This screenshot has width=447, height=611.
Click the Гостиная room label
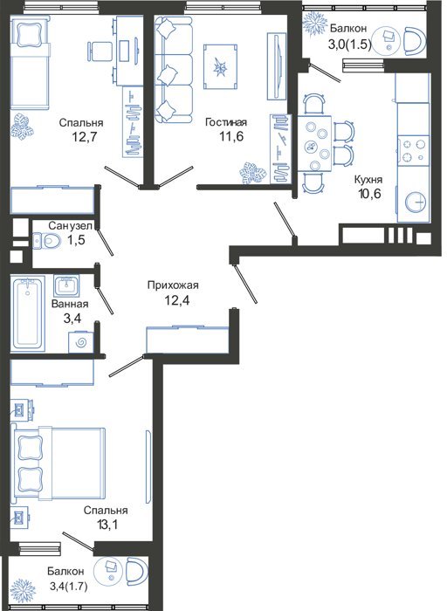tap(226, 122)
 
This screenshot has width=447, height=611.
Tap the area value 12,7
tap(84, 137)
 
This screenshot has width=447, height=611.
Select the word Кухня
tap(368, 180)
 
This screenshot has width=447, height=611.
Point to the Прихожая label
tap(173, 285)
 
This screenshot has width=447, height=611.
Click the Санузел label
tap(71, 225)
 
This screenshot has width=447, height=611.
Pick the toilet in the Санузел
tap(46, 240)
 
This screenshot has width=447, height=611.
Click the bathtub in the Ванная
tap(28, 312)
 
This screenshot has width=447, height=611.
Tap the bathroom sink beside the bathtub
tap(66, 285)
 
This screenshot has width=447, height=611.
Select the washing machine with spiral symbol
tap(81, 342)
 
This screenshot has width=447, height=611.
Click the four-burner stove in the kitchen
tap(413, 151)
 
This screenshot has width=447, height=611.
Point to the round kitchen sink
tap(416, 203)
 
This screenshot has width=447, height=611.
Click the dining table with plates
tap(315, 143)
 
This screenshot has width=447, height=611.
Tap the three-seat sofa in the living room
tap(173, 69)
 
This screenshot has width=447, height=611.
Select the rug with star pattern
tap(221, 66)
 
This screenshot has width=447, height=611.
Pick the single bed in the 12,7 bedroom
tap(30, 62)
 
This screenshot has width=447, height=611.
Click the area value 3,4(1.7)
tap(68, 586)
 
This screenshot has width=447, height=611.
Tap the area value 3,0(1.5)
tap(350, 44)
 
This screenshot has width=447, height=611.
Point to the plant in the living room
tap(252, 173)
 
